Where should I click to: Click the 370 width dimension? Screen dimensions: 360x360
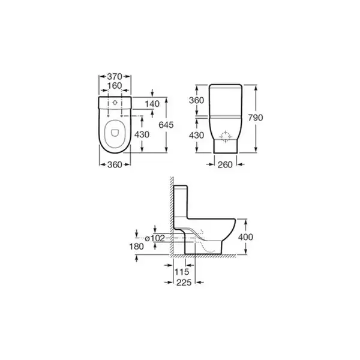[x=115, y=76]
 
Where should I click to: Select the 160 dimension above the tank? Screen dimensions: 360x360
[x=115, y=86]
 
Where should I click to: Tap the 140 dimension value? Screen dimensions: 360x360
[x=152, y=104]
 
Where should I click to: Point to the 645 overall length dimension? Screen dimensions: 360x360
[x=166, y=125]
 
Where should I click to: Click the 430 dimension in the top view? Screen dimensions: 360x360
[x=142, y=134]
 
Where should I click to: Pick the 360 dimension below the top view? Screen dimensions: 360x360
[x=115, y=164]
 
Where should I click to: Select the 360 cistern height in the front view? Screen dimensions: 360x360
[x=197, y=100]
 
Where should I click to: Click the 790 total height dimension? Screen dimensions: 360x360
[x=256, y=118]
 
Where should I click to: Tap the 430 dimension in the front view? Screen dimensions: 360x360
[x=197, y=136]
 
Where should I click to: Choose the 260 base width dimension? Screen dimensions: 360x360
[x=225, y=164]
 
